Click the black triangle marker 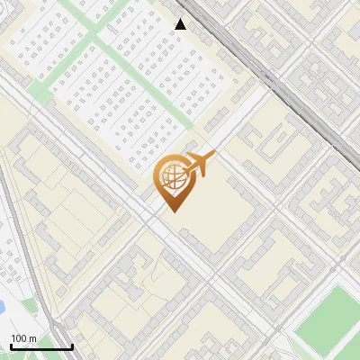(x=180, y=24)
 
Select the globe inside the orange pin (x=173, y=177)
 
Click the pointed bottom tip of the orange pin (x=174, y=211)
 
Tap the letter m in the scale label (x=32, y=338)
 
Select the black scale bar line (x=41, y=347)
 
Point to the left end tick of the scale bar (x=11, y=346)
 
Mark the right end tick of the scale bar (x=72, y=346)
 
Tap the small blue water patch (x=2, y=306)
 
